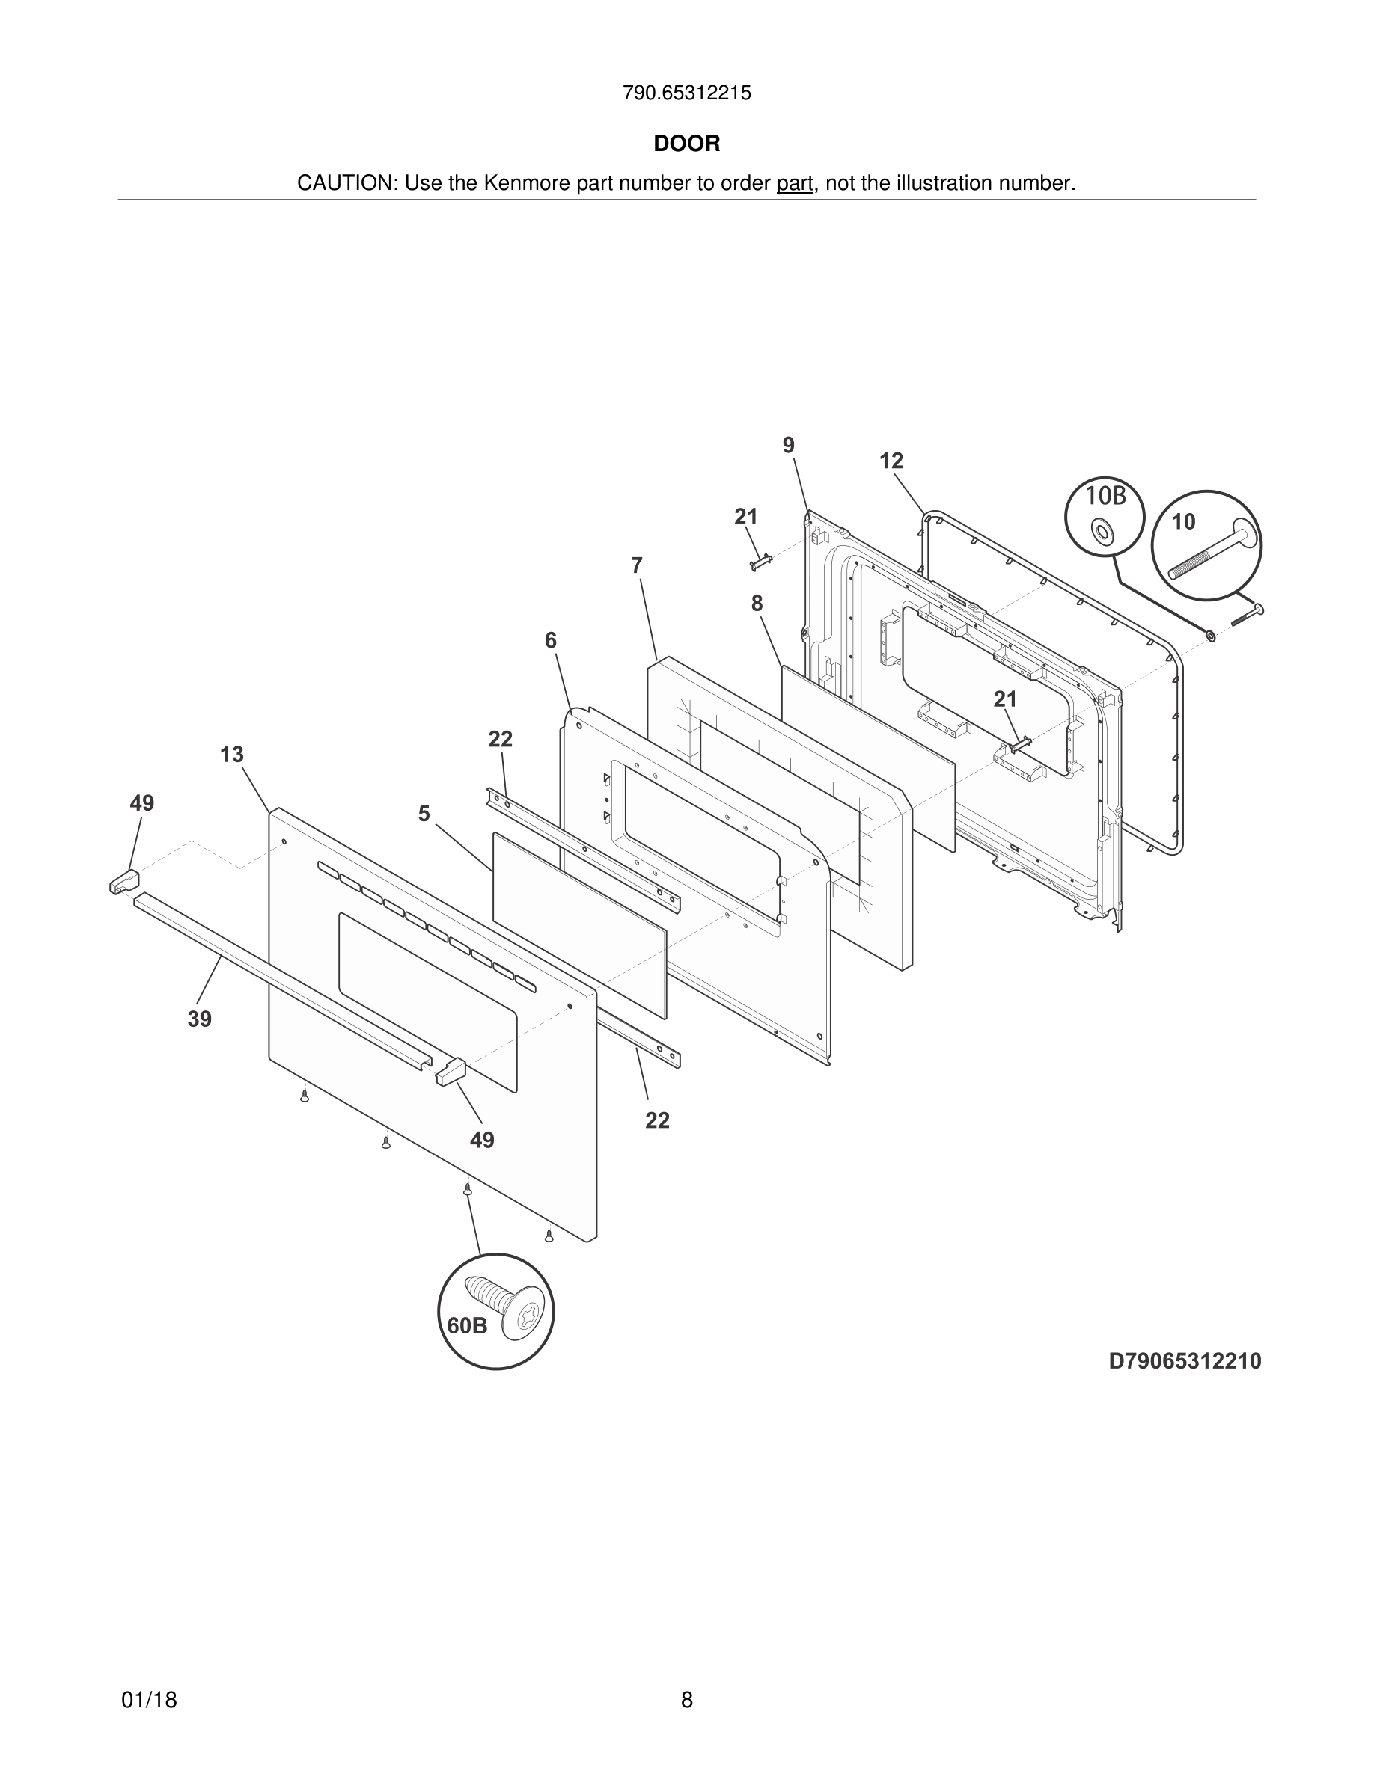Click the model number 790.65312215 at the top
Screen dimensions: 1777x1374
686,93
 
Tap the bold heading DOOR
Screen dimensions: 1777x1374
686,144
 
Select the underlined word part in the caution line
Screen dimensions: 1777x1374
795,184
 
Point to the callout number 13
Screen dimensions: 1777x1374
232,755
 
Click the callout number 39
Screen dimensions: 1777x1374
199,1019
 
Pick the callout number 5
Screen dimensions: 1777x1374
424,814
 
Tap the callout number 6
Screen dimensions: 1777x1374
551,641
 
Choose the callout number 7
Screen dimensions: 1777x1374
637,565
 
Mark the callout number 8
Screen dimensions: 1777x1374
757,604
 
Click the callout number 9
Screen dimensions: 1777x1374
788,446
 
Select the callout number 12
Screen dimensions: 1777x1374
891,461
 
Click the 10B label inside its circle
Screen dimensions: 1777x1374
1105,496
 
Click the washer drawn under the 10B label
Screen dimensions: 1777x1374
1104,532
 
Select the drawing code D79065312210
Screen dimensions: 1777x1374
1185,1361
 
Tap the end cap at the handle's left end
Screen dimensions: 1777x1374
124,881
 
